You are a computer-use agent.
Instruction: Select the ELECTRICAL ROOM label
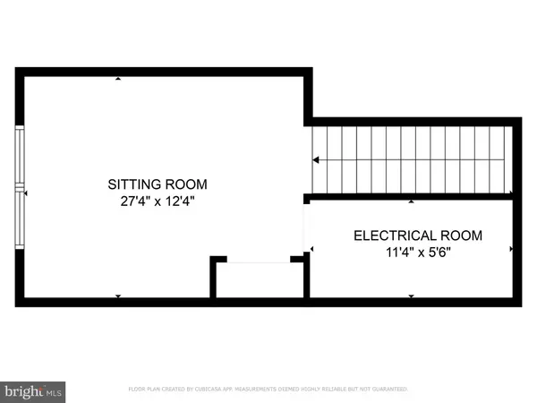(x=418, y=236)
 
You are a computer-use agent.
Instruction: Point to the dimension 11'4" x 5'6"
(x=418, y=253)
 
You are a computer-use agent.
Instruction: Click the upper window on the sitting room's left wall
(x=21, y=157)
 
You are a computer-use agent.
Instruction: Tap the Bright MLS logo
(x=33, y=390)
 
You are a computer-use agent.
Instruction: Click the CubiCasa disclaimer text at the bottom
(x=268, y=390)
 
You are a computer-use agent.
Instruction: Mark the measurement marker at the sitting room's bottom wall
(x=118, y=296)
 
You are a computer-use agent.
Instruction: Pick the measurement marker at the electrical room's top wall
(x=411, y=201)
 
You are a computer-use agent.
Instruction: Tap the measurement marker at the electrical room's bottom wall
(x=411, y=296)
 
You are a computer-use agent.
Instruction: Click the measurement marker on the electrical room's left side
(x=311, y=248)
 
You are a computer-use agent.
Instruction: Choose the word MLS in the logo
(x=54, y=391)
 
